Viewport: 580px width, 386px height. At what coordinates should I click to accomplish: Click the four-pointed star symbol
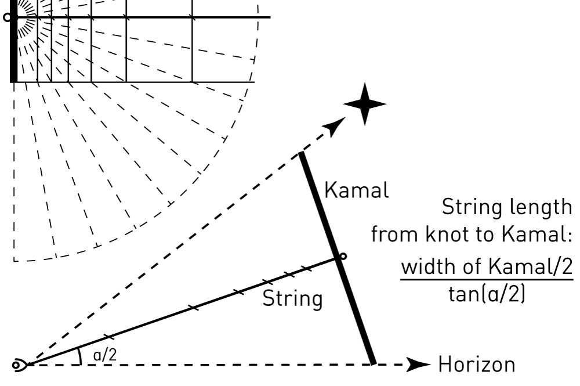pos(364,104)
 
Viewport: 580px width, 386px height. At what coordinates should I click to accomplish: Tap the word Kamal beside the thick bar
pos(356,190)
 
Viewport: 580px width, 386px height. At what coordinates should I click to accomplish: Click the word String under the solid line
pos(292,299)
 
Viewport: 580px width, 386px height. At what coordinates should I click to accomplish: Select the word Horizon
pos(476,365)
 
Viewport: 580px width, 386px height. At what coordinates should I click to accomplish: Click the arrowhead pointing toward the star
pos(335,126)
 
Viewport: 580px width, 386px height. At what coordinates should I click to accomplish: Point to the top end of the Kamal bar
pos(301,154)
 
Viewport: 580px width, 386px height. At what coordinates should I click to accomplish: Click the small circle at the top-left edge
pos(7,17)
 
